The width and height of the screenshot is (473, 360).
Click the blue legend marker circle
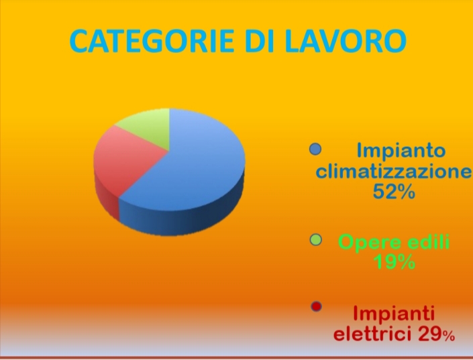315,149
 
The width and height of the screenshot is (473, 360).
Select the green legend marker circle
316,240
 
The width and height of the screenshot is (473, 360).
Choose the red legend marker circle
316,306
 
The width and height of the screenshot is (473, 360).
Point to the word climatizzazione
393,172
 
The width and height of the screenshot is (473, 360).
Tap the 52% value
394,192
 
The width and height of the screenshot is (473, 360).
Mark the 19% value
394,261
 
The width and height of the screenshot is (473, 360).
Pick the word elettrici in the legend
372,334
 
